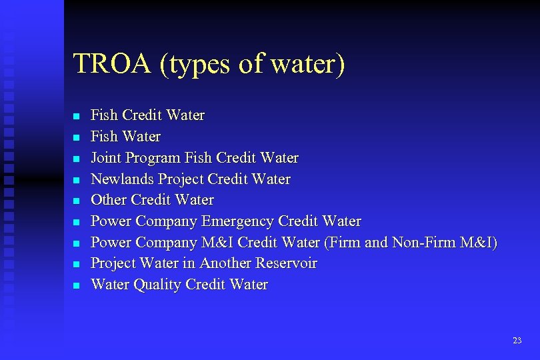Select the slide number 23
517,341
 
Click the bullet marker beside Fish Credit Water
76,116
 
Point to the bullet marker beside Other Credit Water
76,201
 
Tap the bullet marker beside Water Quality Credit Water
76,285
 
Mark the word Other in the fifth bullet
109,200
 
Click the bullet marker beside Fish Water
76,137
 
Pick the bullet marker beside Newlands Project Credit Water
76,179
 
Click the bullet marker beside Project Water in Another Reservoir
76,264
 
